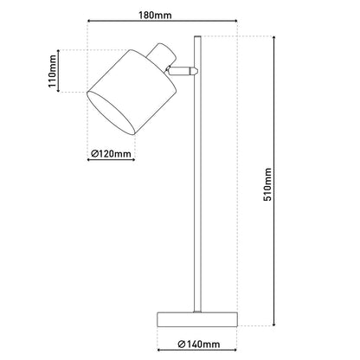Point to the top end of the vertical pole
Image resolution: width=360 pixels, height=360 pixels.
coord(196,38)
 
